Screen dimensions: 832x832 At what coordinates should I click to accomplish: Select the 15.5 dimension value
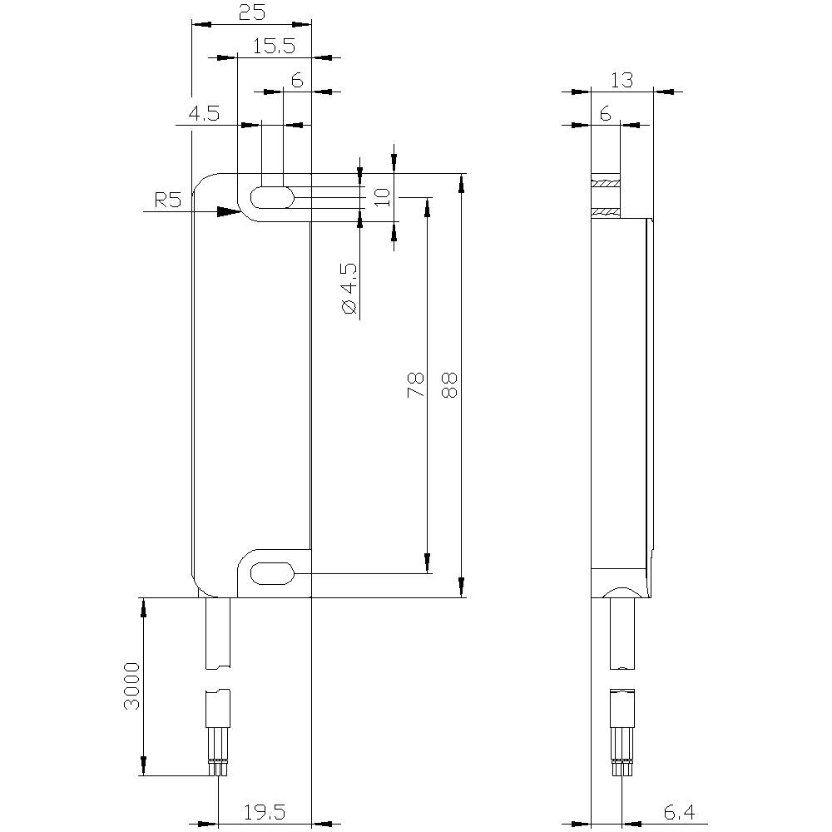click(x=275, y=47)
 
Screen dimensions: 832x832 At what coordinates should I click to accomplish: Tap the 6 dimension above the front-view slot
click(x=296, y=80)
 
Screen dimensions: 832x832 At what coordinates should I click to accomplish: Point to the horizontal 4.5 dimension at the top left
click(x=203, y=114)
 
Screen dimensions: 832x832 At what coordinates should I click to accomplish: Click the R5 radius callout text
click(x=168, y=201)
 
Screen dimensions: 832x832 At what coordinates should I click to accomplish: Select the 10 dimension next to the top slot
click(x=382, y=197)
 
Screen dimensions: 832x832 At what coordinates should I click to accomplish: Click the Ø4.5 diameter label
click(x=349, y=289)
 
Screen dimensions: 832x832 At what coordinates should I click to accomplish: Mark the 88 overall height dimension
click(x=449, y=384)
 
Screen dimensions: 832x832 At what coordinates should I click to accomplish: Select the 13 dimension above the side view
click(x=622, y=80)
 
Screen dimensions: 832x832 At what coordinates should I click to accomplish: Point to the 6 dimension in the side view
click(x=605, y=114)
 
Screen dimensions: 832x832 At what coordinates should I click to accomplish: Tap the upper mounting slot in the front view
click(x=272, y=198)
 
